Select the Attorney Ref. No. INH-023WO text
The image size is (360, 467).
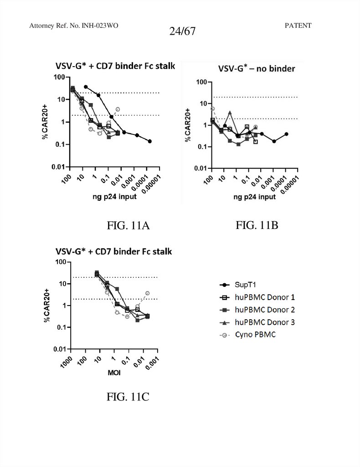[x=74, y=26]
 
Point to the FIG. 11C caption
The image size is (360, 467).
[x=128, y=397]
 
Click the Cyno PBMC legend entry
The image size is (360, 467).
[x=254, y=335]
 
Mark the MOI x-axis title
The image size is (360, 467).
[x=114, y=373]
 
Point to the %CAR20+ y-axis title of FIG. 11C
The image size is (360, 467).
[x=46, y=306]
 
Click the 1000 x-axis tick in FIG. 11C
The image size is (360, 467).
[x=67, y=362]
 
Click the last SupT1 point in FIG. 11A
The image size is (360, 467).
[x=150, y=141]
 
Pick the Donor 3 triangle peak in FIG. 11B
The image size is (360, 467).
[x=230, y=113]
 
